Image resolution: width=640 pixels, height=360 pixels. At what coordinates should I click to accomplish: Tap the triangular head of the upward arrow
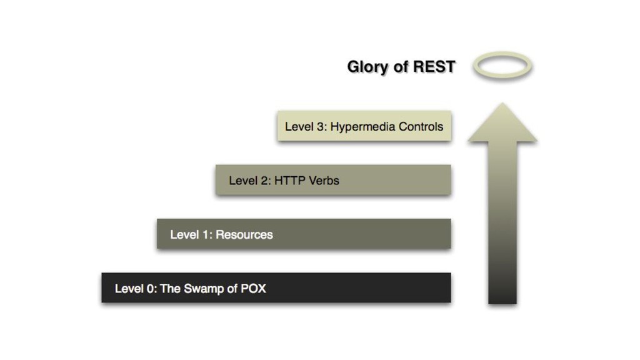point(502,126)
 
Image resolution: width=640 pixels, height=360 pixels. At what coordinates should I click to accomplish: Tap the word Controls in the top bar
point(421,126)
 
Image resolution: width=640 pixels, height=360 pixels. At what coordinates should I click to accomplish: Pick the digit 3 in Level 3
point(320,126)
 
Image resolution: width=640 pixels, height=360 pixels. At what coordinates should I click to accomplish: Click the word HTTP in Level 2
point(289,181)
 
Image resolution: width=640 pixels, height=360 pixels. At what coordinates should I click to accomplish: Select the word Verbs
point(323,181)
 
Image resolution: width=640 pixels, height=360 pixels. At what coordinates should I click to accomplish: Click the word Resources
point(244,235)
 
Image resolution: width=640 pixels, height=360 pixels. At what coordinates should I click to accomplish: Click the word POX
point(253,289)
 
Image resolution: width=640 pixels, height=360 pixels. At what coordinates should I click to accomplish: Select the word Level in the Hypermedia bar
point(299,126)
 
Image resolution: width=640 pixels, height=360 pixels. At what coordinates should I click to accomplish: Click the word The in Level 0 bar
point(171,289)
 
